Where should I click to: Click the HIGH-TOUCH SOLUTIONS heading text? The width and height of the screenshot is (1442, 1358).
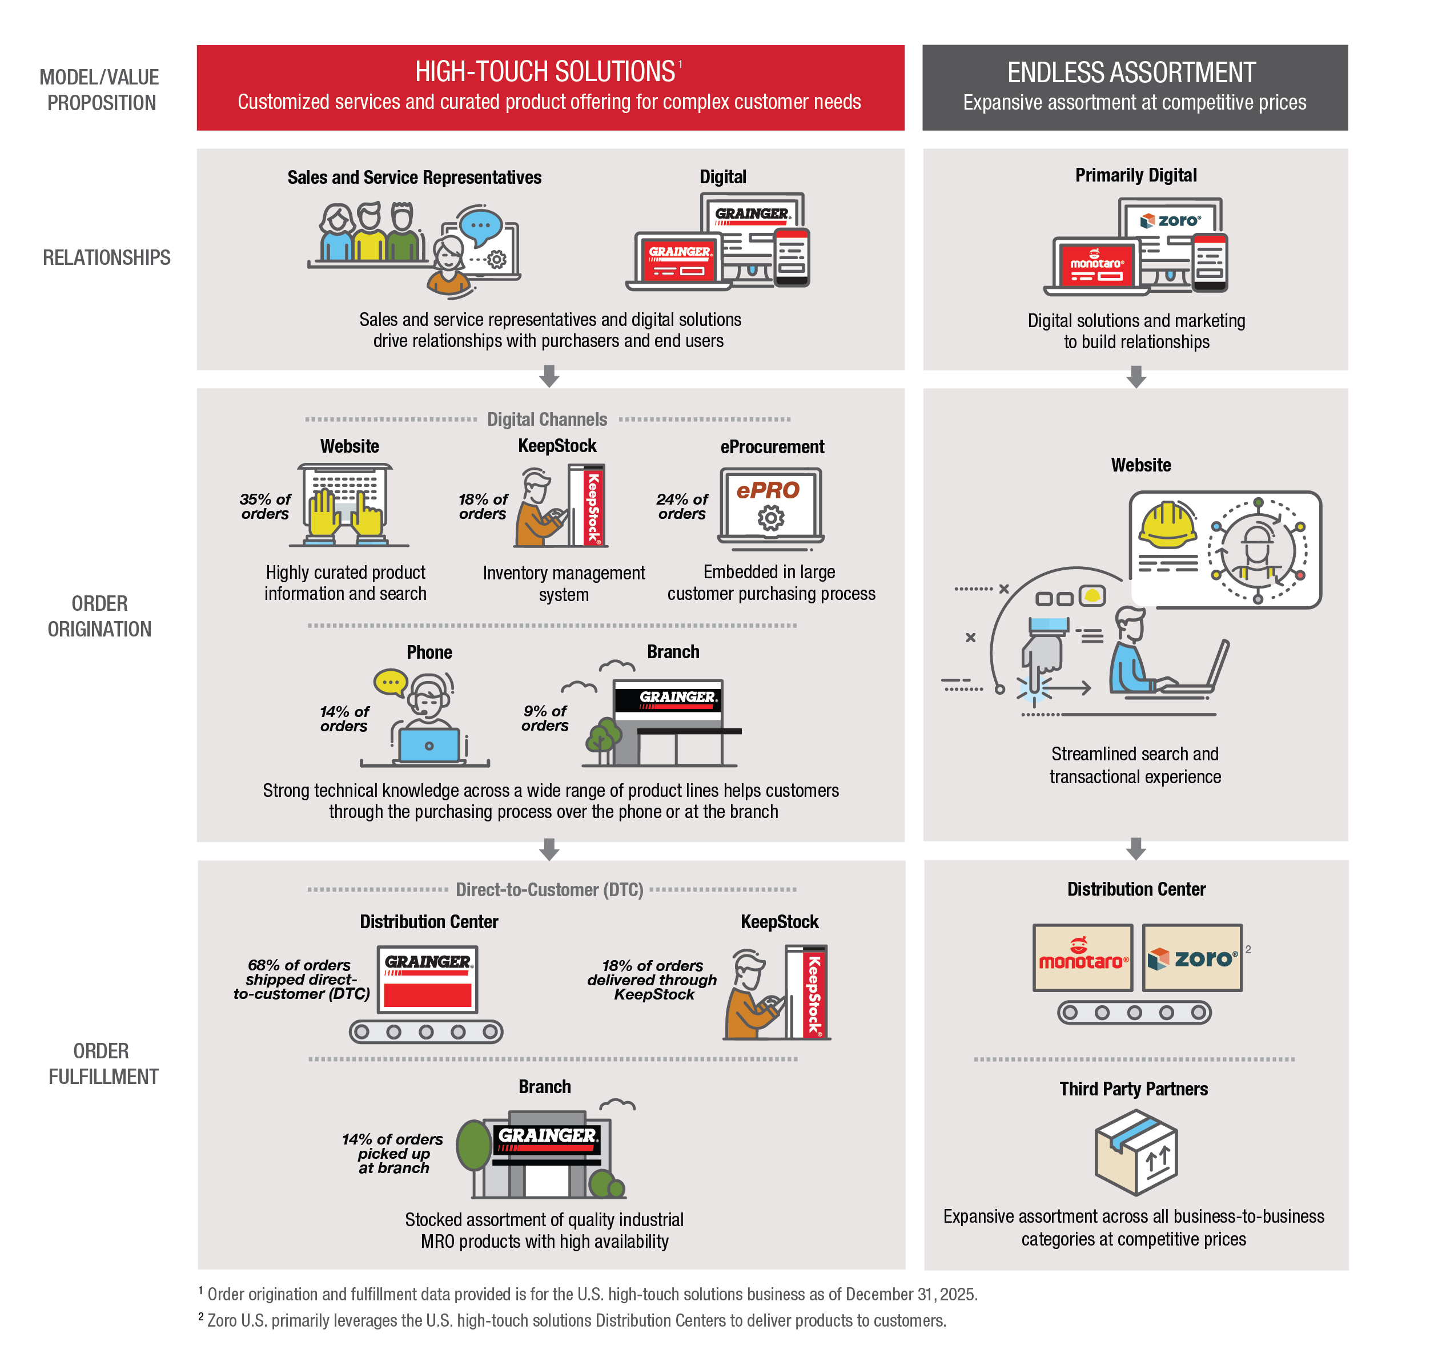pos(545,72)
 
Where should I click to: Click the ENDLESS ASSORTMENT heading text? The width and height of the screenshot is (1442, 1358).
pos(1131,72)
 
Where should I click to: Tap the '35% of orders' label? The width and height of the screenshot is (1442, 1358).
pos(265,507)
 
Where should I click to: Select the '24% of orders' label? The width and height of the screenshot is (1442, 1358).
pos(682,507)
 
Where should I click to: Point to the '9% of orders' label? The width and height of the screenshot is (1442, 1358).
pos(545,719)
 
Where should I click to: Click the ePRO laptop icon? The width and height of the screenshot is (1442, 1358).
pos(770,506)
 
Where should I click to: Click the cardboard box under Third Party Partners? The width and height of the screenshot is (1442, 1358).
pos(1136,1153)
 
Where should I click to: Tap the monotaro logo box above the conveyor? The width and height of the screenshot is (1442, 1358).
pos(1082,958)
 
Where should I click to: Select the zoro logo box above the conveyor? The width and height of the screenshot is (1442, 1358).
pos(1192,958)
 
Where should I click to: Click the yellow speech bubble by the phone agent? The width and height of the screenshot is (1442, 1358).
pos(390,682)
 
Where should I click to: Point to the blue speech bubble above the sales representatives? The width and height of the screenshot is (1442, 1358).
pos(481,225)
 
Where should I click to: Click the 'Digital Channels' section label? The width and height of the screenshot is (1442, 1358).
pos(547,419)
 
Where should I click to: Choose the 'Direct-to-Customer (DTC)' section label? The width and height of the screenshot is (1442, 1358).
pos(549,889)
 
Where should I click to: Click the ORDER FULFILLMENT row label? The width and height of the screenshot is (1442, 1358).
pos(102,1063)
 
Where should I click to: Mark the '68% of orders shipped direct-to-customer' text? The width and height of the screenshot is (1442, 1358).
pos(301,980)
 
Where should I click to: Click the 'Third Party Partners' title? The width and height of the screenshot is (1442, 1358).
pos(1133,1089)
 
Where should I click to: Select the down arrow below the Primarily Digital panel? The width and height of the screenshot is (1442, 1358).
pos(1136,377)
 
